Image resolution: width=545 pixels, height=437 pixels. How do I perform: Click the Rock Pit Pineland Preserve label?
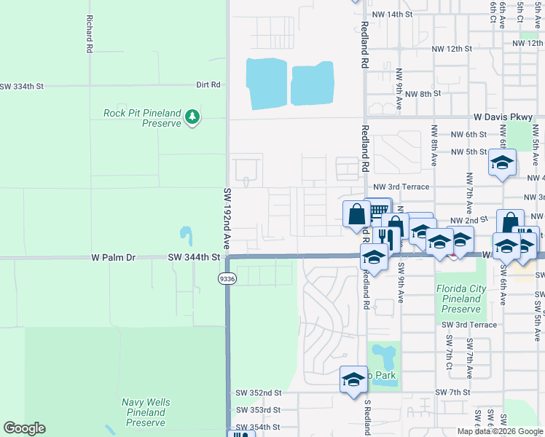pos(142,118)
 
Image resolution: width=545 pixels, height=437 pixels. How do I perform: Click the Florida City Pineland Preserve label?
pos(461,299)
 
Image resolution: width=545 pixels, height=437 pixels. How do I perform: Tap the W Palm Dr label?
pos(114,257)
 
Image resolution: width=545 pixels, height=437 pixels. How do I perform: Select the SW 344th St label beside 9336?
pos(194,257)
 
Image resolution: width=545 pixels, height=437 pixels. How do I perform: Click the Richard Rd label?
pos(90,34)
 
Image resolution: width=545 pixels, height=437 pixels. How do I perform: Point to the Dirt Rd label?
pos(208,84)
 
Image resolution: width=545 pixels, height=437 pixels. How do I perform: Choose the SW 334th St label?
pos(22,86)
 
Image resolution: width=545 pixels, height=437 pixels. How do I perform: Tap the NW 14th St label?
pos(392,15)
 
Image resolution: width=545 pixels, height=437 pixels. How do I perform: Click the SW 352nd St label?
pos(258,393)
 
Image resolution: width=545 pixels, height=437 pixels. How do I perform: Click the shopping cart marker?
pos(377,210)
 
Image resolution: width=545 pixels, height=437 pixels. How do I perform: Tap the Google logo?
pos(24,428)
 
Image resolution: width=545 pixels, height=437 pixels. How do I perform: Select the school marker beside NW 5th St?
pos(502,162)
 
